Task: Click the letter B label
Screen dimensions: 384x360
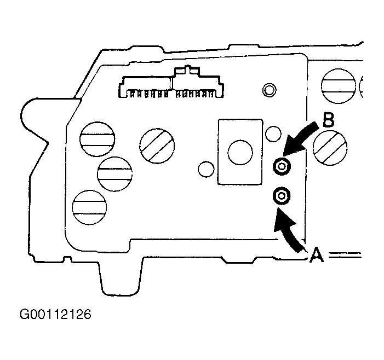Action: coord(329,120)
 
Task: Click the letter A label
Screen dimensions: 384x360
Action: coord(317,255)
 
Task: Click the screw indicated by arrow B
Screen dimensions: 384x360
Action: coord(282,166)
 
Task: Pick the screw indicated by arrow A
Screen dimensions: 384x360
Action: coord(282,196)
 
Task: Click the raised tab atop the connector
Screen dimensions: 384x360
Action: coord(187,71)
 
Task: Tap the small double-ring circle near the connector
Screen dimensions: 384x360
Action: coord(270,90)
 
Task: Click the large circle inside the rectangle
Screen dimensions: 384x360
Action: coord(240,152)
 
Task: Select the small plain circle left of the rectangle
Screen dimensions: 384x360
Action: coord(206,169)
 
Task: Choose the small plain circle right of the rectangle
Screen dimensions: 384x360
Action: coord(273,134)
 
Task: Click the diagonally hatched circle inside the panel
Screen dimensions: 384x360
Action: coord(157,146)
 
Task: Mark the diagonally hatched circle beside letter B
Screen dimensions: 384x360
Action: coord(330,148)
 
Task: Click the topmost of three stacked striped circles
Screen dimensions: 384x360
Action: coord(97,139)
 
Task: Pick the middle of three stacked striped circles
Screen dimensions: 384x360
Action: coord(114,174)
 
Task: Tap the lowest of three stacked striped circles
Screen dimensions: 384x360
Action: coord(90,207)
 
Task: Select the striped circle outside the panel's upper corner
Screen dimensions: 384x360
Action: coord(338,86)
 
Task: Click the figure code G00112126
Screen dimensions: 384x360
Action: coord(55,314)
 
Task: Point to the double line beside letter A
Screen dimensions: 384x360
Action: coord(344,255)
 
